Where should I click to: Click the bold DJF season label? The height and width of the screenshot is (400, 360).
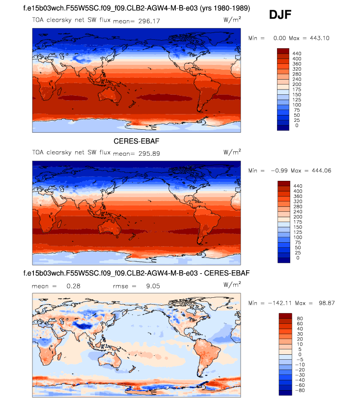pyautogui.click(x=280, y=15)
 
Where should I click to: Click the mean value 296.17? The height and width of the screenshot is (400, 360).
pyautogui.click(x=146, y=21)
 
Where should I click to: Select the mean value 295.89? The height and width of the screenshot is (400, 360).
pyautogui.click(x=146, y=153)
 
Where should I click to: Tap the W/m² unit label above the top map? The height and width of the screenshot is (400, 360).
pyautogui.click(x=232, y=20)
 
